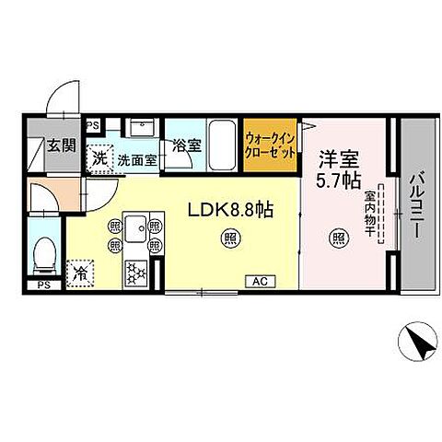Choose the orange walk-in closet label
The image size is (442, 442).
(x=270, y=145)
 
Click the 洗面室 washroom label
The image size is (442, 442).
(x=135, y=159)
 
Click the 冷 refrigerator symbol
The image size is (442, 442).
(x=82, y=273)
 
